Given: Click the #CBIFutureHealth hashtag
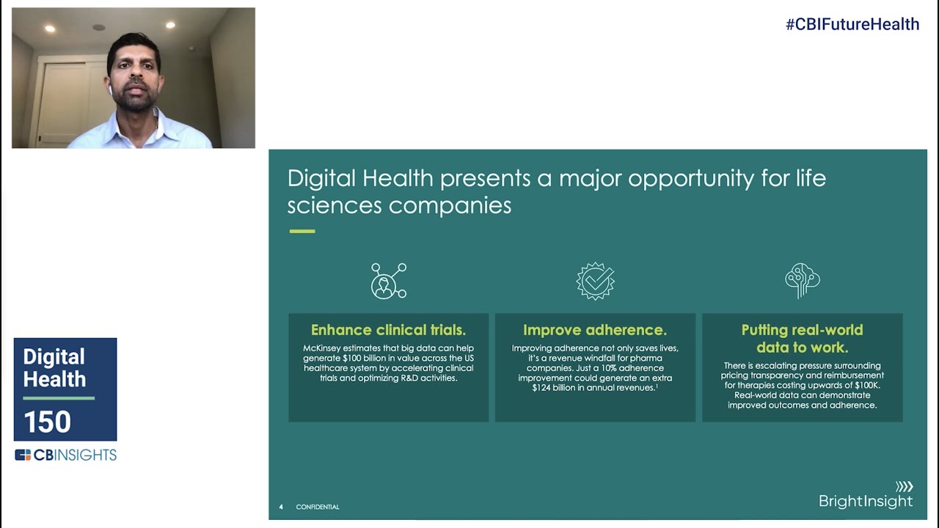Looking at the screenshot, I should point(852,24).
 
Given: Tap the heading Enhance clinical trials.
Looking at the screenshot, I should point(388,330).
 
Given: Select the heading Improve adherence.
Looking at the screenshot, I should point(595,330).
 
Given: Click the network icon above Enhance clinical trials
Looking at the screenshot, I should point(388,281).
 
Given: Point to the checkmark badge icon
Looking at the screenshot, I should point(595,281).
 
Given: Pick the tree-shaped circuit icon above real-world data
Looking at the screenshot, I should point(802,281).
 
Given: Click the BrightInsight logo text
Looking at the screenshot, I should point(866,502).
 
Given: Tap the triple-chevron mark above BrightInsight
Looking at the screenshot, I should point(904,486).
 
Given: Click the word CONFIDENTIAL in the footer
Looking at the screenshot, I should point(318,507).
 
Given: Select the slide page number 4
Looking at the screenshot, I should point(281,507).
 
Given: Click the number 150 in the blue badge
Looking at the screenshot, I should point(47,422).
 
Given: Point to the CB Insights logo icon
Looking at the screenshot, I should point(23,455).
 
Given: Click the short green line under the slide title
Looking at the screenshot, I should point(302,231).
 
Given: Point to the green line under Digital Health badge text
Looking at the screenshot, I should point(59,398).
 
